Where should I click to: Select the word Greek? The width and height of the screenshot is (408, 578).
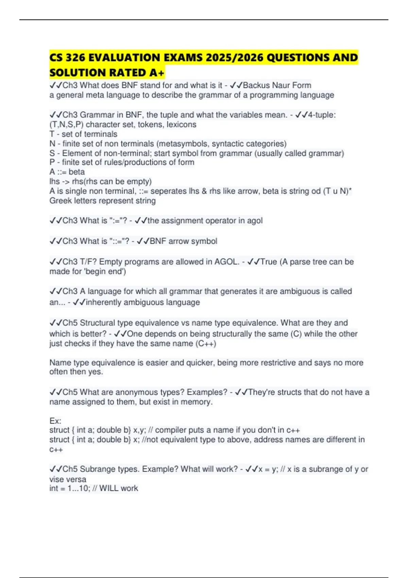click(x=60, y=201)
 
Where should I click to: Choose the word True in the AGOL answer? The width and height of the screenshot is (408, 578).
click(x=268, y=261)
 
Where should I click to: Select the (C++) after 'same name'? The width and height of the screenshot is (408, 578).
click(x=206, y=343)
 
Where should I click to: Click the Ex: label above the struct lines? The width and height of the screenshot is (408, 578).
click(x=55, y=421)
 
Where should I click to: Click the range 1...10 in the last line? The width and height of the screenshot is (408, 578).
click(x=78, y=488)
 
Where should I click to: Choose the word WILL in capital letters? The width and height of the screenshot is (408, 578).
click(x=109, y=488)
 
